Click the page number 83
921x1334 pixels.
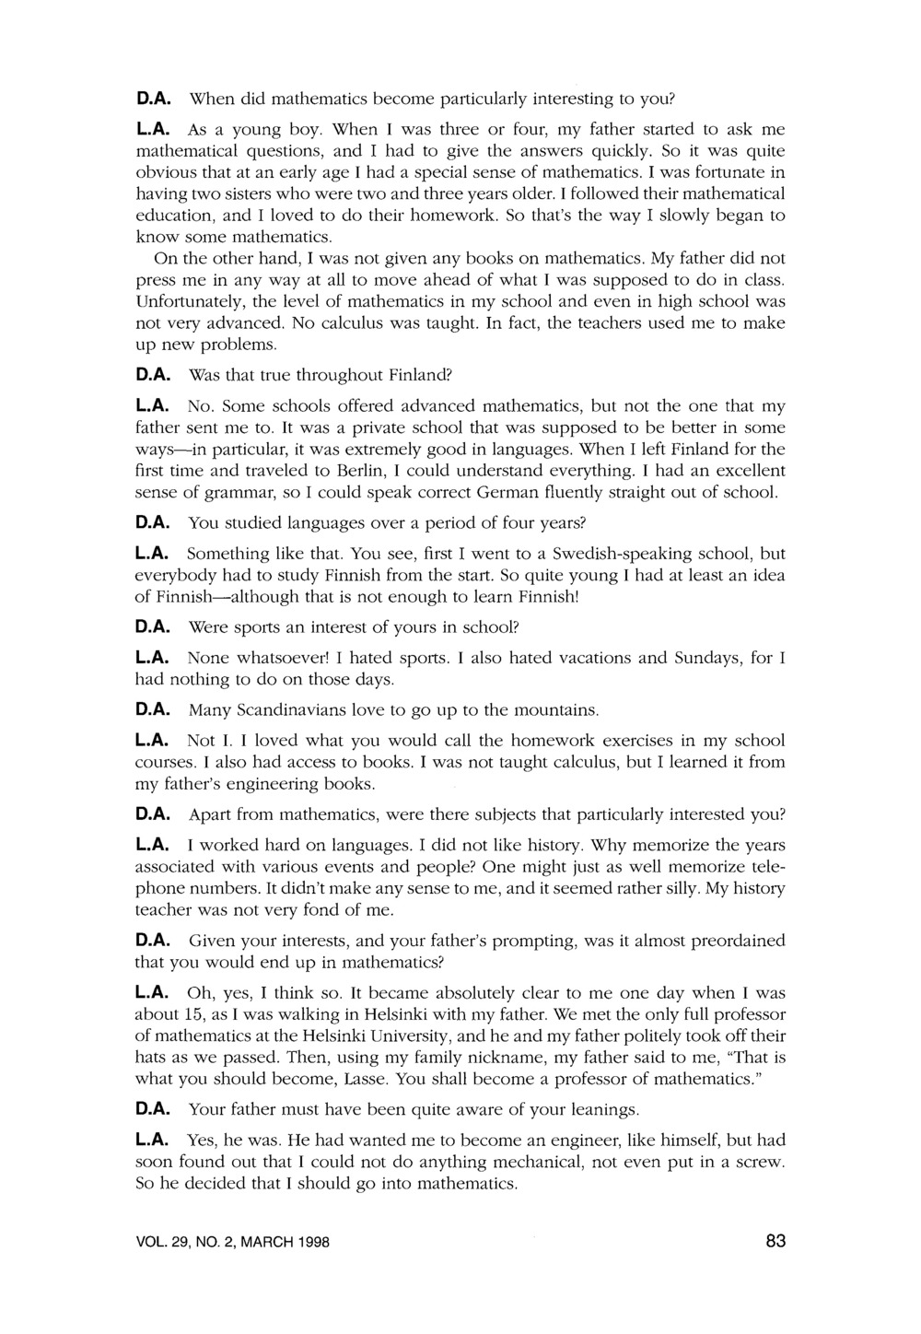click(775, 1241)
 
